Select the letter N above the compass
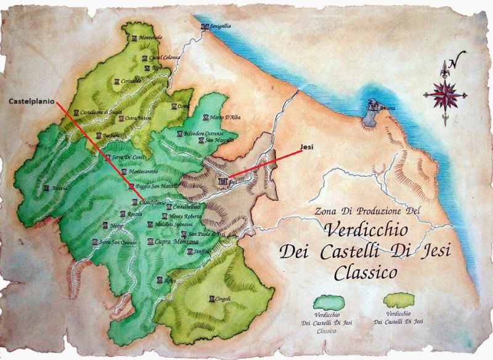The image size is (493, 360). [x=454, y=62]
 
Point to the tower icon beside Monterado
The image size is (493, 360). [x=135, y=38]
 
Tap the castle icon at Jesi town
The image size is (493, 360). [x=222, y=181]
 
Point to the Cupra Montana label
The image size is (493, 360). [x=169, y=243]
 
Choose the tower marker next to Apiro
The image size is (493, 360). [x=160, y=280]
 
